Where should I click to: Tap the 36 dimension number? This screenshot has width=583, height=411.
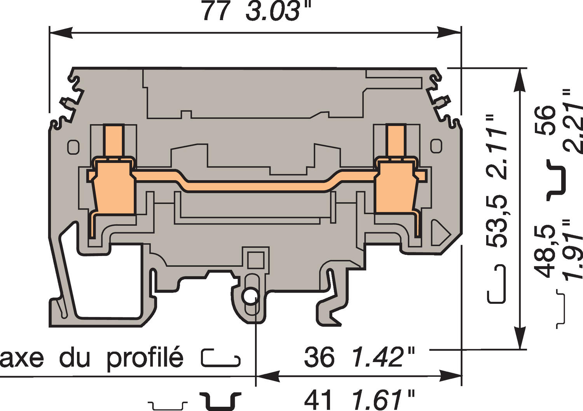(319, 357)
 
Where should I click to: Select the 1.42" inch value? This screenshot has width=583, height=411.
(383, 357)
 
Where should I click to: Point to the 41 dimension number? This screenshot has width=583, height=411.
(319, 399)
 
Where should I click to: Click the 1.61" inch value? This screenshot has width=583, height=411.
(383, 399)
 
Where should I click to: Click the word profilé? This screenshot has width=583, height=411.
(145, 357)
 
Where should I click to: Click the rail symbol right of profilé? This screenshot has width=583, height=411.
(221, 358)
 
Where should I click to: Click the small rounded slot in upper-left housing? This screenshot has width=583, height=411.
(73, 146)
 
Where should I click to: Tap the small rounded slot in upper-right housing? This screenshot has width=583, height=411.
(436, 146)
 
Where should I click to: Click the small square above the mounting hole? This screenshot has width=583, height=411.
(255, 259)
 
